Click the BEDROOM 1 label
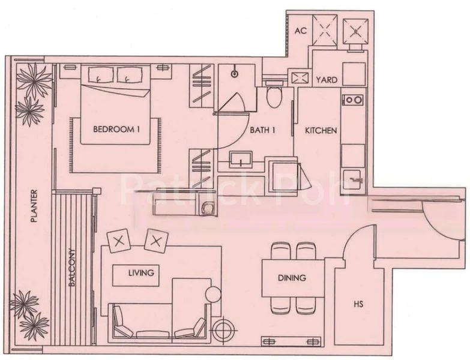pos(116,130)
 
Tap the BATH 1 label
pos(262,130)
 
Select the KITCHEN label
pos(321,131)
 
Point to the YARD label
pos(327,80)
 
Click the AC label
pos(301,31)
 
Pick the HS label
pos(358,304)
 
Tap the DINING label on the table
pos(292,278)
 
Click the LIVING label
pos(141,273)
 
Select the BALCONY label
pos(72,268)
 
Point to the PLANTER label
pos(34,206)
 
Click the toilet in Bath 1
pos(274,97)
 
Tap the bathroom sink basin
pos(241,160)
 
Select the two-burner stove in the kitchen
pos(353,100)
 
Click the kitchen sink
pos(354,181)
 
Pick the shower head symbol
pos(235,74)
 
